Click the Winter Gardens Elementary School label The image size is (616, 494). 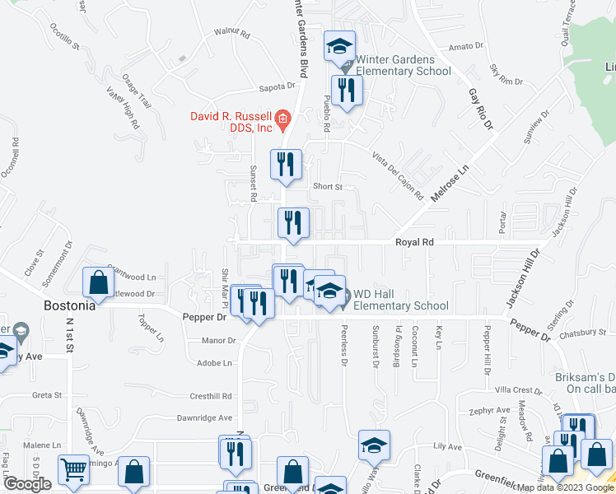pos(403,65)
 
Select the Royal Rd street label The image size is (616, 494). pos(414,243)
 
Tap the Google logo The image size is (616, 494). pos(26,484)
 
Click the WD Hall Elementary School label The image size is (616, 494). pos(401,300)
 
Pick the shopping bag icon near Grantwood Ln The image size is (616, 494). pos(99,282)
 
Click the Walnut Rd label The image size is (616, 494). pos(231,34)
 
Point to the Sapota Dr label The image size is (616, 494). pos(276,86)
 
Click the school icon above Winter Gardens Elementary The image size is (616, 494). pos(338,47)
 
